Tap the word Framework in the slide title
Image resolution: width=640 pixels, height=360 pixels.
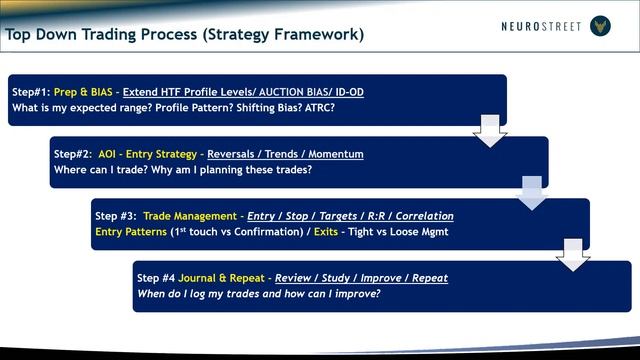pyautogui.click(x=315, y=35)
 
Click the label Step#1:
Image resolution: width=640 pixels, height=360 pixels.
pyautogui.click(x=31, y=92)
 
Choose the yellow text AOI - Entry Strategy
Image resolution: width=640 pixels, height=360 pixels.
pyautogui.click(x=147, y=154)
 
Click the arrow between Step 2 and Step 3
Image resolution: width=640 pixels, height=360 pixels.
pyautogui.click(x=532, y=191)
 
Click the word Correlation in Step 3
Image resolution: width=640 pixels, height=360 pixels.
pyautogui.click(x=419, y=216)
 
